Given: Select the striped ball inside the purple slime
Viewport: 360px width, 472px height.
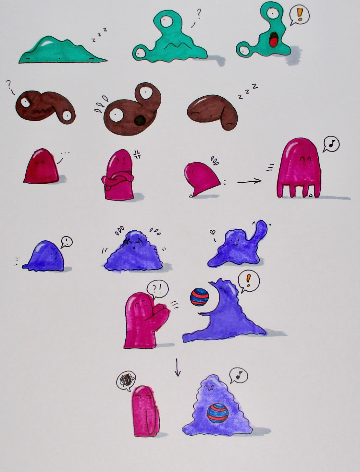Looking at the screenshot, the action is point(217,413).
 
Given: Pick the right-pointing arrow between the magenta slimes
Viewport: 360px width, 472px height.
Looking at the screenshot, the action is point(249,181).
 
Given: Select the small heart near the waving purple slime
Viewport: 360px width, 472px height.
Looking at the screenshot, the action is point(212,232).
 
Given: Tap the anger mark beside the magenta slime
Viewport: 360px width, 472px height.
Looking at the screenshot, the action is point(137,154).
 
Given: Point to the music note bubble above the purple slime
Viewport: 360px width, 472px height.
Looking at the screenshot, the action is point(238,376).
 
